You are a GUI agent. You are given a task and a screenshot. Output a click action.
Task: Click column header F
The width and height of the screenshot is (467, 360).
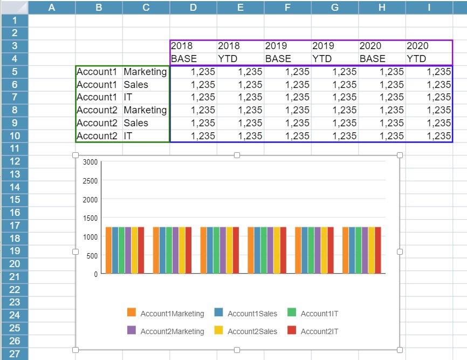click(287, 7)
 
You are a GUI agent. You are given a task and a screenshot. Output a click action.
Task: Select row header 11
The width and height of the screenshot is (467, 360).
click(14, 148)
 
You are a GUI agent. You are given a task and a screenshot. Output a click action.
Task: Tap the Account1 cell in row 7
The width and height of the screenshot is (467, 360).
click(97, 97)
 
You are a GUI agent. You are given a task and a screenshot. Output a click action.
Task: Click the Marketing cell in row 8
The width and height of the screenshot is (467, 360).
click(145, 110)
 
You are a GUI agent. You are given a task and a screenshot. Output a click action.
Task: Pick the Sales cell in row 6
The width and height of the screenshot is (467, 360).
click(136, 84)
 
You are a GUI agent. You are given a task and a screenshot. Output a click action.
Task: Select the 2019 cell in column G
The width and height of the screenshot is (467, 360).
click(323, 46)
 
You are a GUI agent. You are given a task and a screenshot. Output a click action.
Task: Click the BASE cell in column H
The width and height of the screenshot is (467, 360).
click(373, 59)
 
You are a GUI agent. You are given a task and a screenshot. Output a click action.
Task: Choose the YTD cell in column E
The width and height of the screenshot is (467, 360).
click(229, 59)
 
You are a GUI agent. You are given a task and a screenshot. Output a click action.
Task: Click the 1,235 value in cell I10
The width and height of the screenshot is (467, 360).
click(438, 136)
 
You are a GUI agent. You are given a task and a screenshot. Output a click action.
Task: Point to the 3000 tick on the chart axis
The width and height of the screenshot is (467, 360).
click(91, 162)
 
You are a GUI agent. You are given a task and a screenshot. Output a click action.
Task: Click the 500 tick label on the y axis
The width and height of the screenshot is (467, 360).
click(92, 255)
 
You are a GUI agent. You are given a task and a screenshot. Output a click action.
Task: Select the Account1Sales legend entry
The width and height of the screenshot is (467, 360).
click(252, 314)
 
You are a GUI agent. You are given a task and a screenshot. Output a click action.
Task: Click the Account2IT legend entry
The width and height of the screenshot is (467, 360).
click(319, 331)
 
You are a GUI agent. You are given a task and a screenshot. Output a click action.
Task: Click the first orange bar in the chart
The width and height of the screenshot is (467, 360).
click(108, 250)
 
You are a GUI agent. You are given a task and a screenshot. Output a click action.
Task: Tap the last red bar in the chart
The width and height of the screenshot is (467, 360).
click(377, 250)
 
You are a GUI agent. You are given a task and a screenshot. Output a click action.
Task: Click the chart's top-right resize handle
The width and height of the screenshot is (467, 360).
click(400, 155)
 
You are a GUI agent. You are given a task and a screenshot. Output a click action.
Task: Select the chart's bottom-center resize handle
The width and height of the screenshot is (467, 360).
click(237, 350)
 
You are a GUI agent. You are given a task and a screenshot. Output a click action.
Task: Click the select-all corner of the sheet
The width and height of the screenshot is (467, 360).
click(14, 7)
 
